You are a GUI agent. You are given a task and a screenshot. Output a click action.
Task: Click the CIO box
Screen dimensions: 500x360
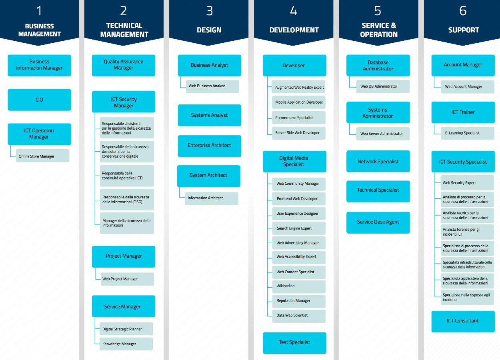click(x=39, y=100)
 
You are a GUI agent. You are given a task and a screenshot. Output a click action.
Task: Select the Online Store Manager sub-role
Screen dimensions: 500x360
click(x=43, y=156)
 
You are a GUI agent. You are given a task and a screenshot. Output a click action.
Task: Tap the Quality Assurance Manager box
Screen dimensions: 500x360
click(x=124, y=65)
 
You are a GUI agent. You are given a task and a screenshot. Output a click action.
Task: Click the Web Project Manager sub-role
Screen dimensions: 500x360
click(x=127, y=279)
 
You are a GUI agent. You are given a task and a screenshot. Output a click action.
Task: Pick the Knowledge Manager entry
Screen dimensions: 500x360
click(x=126, y=344)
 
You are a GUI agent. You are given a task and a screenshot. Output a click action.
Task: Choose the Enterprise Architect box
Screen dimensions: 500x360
click(x=209, y=146)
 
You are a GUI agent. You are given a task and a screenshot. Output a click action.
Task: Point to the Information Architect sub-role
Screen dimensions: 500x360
click(x=212, y=198)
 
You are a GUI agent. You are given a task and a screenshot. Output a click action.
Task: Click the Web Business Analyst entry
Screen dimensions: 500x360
click(x=212, y=86)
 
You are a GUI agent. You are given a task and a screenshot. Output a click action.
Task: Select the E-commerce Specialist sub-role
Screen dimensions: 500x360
click(x=299, y=118)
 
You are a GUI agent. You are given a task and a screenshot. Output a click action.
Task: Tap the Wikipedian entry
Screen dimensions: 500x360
click(x=299, y=286)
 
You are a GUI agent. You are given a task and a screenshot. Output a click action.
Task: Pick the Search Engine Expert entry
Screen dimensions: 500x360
click(x=299, y=228)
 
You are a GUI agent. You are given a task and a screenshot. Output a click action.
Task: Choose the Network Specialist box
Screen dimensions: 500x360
click(x=378, y=161)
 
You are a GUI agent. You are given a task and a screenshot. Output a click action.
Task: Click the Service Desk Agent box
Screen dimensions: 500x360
click(x=378, y=222)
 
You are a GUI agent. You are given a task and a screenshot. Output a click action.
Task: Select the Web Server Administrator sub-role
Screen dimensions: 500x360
click(x=383, y=134)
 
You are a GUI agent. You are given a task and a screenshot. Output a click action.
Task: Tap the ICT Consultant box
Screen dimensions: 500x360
click(x=463, y=321)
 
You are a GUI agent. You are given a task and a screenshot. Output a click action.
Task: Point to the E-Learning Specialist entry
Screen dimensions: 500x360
click(x=468, y=133)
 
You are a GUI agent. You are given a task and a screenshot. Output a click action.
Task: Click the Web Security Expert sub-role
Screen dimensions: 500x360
click(x=467, y=183)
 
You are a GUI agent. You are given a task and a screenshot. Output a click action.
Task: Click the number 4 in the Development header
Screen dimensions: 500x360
click(x=294, y=11)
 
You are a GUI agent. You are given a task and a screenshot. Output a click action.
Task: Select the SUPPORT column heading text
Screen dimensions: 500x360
click(x=464, y=30)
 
